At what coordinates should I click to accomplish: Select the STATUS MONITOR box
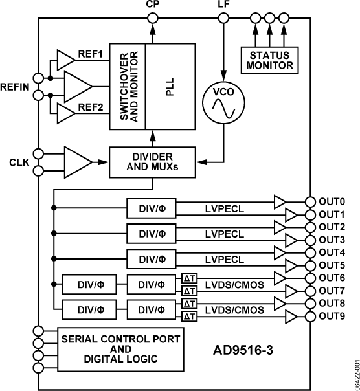tap(268, 59)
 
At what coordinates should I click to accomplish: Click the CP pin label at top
tap(153, 5)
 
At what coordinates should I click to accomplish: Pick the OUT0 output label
tap(332, 201)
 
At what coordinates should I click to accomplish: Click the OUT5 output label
tap(332, 265)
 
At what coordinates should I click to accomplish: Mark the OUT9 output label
tap(332, 316)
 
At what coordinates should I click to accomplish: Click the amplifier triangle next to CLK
tap(77, 162)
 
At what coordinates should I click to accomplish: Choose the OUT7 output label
tap(332, 291)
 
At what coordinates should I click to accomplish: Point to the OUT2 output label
tap(332, 227)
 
